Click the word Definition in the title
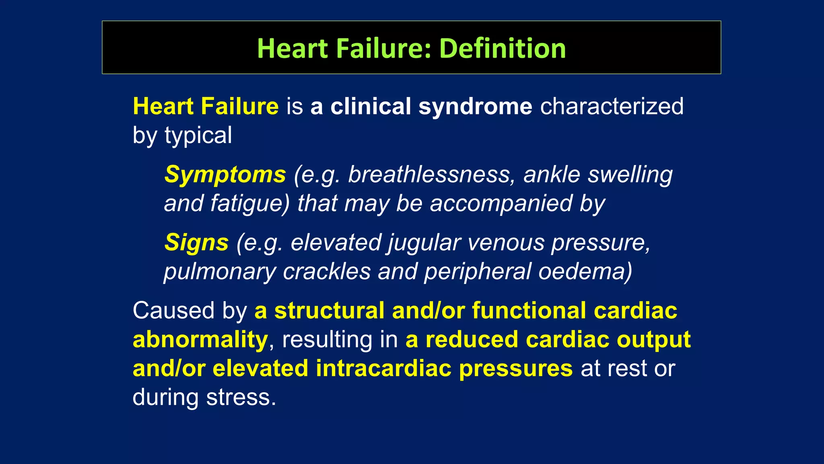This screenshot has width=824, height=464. (503, 48)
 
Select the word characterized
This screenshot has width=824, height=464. (612, 107)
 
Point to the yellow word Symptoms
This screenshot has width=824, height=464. (225, 175)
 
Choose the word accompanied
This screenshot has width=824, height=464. (501, 203)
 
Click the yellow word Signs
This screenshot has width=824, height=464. (196, 243)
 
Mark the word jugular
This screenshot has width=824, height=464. (424, 243)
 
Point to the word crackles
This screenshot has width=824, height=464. (326, 271)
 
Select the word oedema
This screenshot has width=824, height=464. (585, 271)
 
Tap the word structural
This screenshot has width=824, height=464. (329, 311)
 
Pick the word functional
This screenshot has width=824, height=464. (529, 311)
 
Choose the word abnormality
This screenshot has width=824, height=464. (200, 340)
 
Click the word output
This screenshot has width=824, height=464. (654, 340)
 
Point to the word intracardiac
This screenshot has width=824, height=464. (383, 369)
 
